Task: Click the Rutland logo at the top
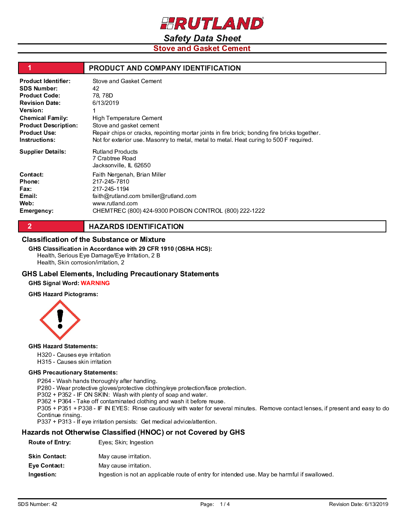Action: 212,23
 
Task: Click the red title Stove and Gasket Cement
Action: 202,48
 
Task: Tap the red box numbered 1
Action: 51,68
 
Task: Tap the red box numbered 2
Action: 51,226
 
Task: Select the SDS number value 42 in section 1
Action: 96,89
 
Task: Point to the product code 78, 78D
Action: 103,96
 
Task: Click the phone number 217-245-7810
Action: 111,182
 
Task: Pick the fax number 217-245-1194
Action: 111,189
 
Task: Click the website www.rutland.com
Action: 115,203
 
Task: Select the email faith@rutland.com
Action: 116,196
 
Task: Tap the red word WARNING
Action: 95,283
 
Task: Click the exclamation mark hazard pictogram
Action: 60,320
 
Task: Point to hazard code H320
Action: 44,355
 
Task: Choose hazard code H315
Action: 44,362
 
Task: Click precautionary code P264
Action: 44,381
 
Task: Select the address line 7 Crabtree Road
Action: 114,158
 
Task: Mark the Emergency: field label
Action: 37,211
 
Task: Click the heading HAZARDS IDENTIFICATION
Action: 136,227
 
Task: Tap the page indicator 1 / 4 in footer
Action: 225,504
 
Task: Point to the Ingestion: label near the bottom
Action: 42,475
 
